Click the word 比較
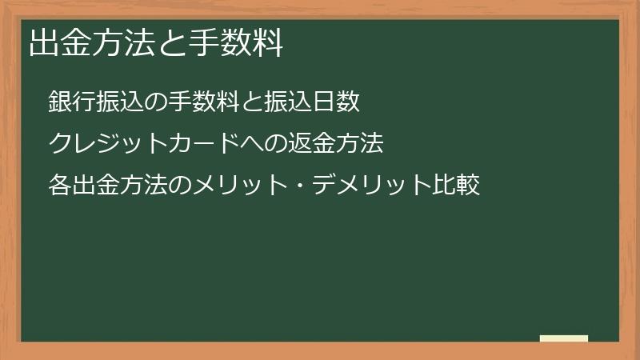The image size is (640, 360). pyautogui.click(x=456, y=186)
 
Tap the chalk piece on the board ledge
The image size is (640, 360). pyautogui.click(x=564, y=338)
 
